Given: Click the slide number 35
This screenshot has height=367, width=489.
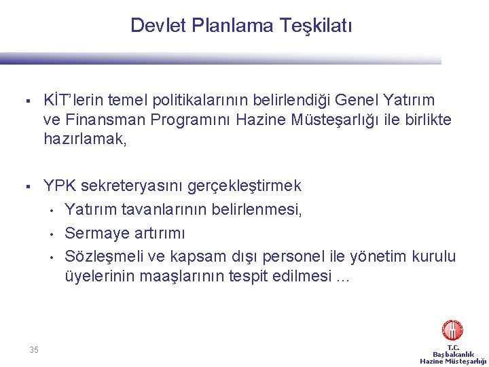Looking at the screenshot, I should tap(34, 350).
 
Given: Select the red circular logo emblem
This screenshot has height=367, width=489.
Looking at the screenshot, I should tap(452, 330).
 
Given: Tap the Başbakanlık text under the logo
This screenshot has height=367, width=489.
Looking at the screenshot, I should tap(453, 354).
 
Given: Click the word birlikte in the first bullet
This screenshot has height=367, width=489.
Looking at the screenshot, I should tap(424, 120).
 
